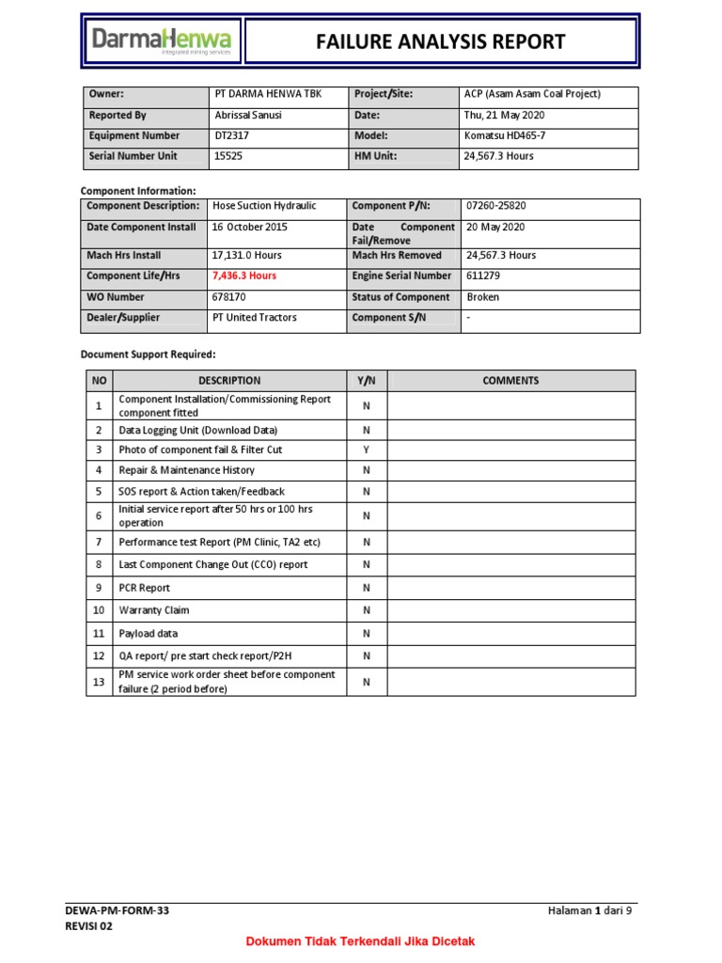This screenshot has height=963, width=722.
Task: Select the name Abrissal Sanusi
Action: point(247,116)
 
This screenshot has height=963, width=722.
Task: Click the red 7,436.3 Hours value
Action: point(244,276)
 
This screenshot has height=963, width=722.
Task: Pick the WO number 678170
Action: point(229,297)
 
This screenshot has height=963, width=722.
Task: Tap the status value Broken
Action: point(483,297)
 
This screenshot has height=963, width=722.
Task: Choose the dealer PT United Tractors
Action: point(254,318)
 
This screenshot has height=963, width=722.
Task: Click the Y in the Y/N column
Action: point(367,450)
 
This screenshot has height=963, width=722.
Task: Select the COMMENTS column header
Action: point(510,381)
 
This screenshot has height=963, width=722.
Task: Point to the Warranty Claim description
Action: point(153,610)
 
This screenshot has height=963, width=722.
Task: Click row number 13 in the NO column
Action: point(97,682)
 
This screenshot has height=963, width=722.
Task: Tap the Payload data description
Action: point(148,634)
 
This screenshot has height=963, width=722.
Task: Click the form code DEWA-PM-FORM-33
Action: point(118,911)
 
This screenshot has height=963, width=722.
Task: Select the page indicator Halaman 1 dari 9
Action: point(590,911)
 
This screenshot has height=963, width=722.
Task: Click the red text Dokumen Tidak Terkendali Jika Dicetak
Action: point(361,941)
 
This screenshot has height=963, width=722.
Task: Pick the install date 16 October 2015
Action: point(250,228)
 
